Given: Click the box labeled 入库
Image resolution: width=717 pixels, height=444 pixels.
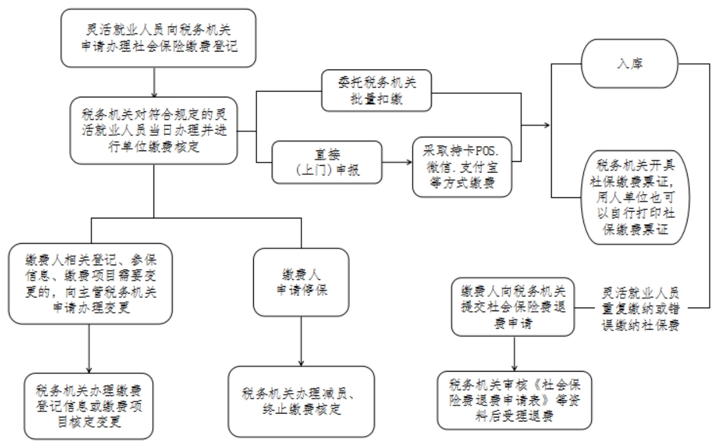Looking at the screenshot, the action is pyautogui.click(x=629, y=63).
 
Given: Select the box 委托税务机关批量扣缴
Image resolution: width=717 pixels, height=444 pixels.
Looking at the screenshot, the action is pyautogui.click(x=377, y=91).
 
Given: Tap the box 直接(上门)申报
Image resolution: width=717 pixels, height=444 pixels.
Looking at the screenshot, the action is pyautogui.click(x=327, y=162).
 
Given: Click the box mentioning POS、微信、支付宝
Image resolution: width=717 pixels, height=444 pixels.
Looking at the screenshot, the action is pyautogui.click(x=462, y=167).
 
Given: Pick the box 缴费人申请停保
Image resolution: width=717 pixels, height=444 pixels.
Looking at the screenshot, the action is pyautogui.click(x=301, y=282).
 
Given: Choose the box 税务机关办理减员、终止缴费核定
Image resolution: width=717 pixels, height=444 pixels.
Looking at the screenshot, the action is pyautogui.click(x=301, y=402).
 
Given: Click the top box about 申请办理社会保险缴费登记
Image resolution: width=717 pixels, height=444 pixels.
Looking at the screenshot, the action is pyautogui.click(x=159, y=38).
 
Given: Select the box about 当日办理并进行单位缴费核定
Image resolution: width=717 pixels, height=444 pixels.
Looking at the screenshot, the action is pyautogui.click(x=153, y=131).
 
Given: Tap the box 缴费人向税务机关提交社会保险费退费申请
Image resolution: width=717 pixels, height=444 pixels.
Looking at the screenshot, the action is pyautogui.click(x=513, y=307).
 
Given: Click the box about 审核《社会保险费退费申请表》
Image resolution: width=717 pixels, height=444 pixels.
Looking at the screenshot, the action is pyautogui.click(x=514, y=400).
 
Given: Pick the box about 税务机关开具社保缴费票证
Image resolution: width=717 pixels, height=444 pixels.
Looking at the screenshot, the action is pyautogui.click(x=635, y=197).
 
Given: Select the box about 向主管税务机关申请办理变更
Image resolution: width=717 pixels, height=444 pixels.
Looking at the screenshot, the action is pyautogui.click(x=91, y=284).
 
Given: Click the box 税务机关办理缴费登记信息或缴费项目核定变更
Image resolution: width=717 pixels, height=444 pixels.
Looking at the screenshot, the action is pyautogui.click(x=89, y=406).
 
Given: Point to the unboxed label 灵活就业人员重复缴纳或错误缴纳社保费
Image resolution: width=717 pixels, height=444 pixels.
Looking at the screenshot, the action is pyautogui.click(x=641, y=308).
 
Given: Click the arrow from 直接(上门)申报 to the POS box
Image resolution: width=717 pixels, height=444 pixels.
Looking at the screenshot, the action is pyautogui.click(x=397, y=162).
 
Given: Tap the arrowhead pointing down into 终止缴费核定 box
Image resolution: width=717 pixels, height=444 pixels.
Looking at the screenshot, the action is pyautogui.click(x=301, y=364).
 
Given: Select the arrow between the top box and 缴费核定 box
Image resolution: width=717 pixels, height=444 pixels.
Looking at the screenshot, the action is pyautogui.click(x=154, y=83).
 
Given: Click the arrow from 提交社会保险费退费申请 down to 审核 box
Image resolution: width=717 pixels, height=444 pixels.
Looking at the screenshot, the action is pyautogui.click(x=514, y=354).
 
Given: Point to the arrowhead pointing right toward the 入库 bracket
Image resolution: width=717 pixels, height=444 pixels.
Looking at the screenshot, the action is pyautogui.click(x=547, y=125).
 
